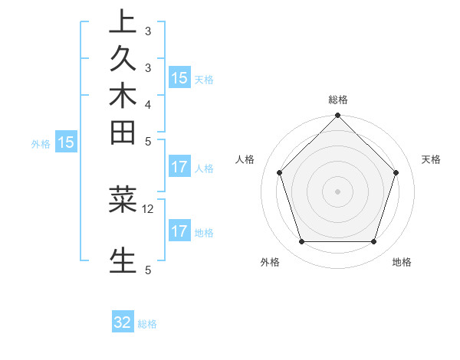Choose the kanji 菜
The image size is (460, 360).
click(x=123, y=199)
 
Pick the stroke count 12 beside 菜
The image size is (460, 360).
click(x=148, y=208)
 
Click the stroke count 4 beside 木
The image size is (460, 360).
click(x=148, y=103)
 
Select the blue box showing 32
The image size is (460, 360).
click(x=123, y=322)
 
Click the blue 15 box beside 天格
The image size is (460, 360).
click(x=179, y=77)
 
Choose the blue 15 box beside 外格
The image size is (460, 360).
click(x=66, y=142)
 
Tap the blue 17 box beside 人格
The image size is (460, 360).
click(x=179, y=166)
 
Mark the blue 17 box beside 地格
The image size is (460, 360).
click(x=179, y=231)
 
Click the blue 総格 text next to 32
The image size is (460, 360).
click(x=148, y=324)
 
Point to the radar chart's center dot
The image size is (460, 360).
click(x=337, y=191)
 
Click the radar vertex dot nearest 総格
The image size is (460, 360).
click(x=337, y=116)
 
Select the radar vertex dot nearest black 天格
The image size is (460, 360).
click(x=396, y=172)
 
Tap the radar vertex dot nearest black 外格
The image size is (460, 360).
click(x=301, y=242)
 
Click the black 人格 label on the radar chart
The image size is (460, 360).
click(x=245, y=159)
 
